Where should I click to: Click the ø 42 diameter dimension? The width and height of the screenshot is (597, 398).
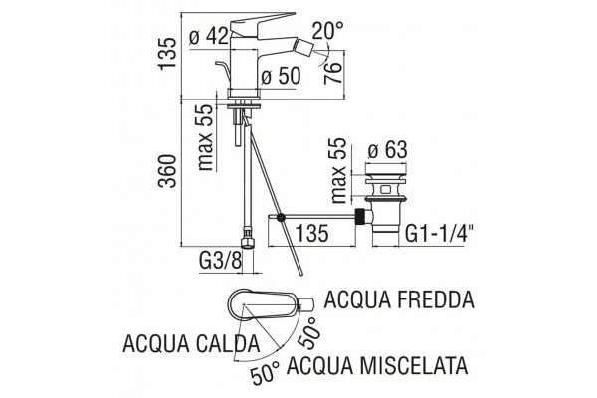pyautogui.click(x=209, y=37)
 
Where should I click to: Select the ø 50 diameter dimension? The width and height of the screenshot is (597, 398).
pyautogui.click(x=281, y=76)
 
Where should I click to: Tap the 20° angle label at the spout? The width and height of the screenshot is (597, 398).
pyautogui.click(x=327, y=30)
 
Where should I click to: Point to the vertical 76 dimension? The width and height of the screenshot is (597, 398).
pyautogui.click(x=332, y=73)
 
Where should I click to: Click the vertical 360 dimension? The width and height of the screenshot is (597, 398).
pyautogui.click(x=168, y=171)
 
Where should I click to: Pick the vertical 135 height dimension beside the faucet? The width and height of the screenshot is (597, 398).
pyautogui.click(x=168, y=53)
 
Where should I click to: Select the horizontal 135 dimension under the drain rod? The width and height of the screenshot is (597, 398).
pyautogui.click(x=311, y=233)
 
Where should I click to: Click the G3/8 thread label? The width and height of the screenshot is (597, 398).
pyautogui.click(x=220, y=262)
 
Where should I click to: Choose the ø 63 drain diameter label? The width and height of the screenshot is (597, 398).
pyautogui.click(x=388, y=149)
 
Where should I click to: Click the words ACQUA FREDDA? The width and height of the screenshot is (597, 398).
pyautogui.click(x=399, y=299)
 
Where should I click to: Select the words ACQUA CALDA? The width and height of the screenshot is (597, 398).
pyautogui.click(x=191, y=344)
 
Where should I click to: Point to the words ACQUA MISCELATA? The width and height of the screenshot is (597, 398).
pyautogui.click(x=377, y=365)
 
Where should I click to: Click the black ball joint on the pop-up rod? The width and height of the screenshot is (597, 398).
pyautogui.click(x=281, y=218)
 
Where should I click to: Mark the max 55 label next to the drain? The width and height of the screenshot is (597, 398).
pyautogui.click(x=338, y=170)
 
